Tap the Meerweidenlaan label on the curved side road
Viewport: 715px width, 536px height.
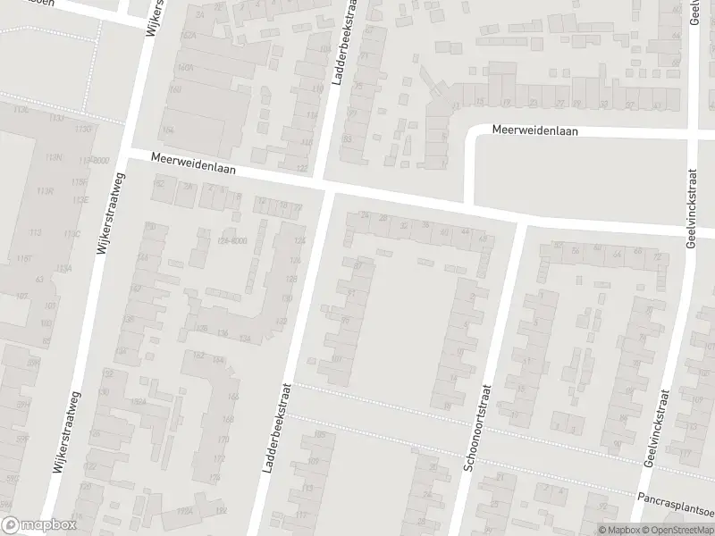[535, 130]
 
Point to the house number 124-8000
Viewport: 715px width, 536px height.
[231, 240]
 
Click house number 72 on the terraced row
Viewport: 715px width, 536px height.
[660, 257]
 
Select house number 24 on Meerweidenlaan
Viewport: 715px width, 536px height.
[363, 215]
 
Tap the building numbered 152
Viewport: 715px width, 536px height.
[161, 182]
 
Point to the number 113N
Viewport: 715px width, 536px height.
[54, 158]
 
